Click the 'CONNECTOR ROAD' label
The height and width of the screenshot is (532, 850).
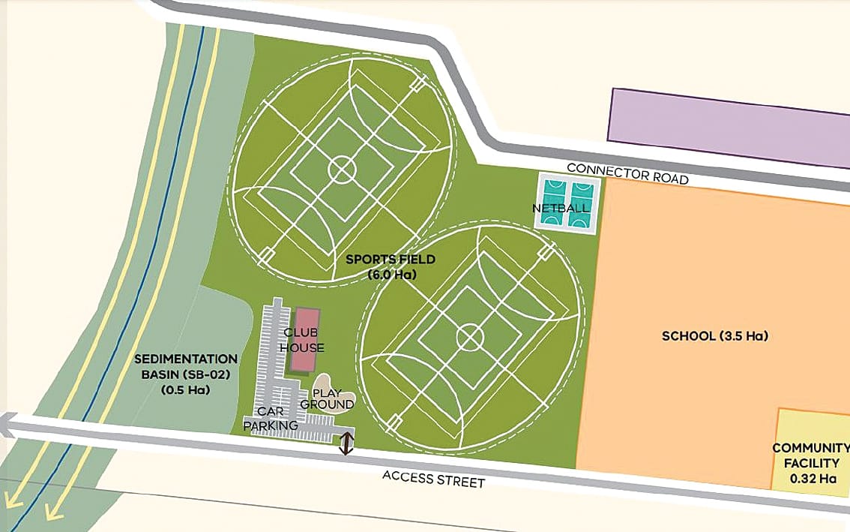pos(627,173)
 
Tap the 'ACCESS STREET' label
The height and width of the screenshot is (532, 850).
pos(433,478)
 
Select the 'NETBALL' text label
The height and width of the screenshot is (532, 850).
pos(560,208)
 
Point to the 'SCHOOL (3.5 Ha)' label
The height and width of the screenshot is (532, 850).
pos(715,335)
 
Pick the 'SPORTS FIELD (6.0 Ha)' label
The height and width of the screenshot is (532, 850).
pos(391,267)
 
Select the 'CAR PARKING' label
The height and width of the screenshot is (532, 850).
pos(271,419)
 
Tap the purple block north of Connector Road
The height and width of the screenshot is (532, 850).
pos(727,128)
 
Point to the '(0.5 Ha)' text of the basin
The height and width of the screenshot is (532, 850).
pos(187,390)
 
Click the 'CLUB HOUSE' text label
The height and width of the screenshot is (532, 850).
pos(304,339)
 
